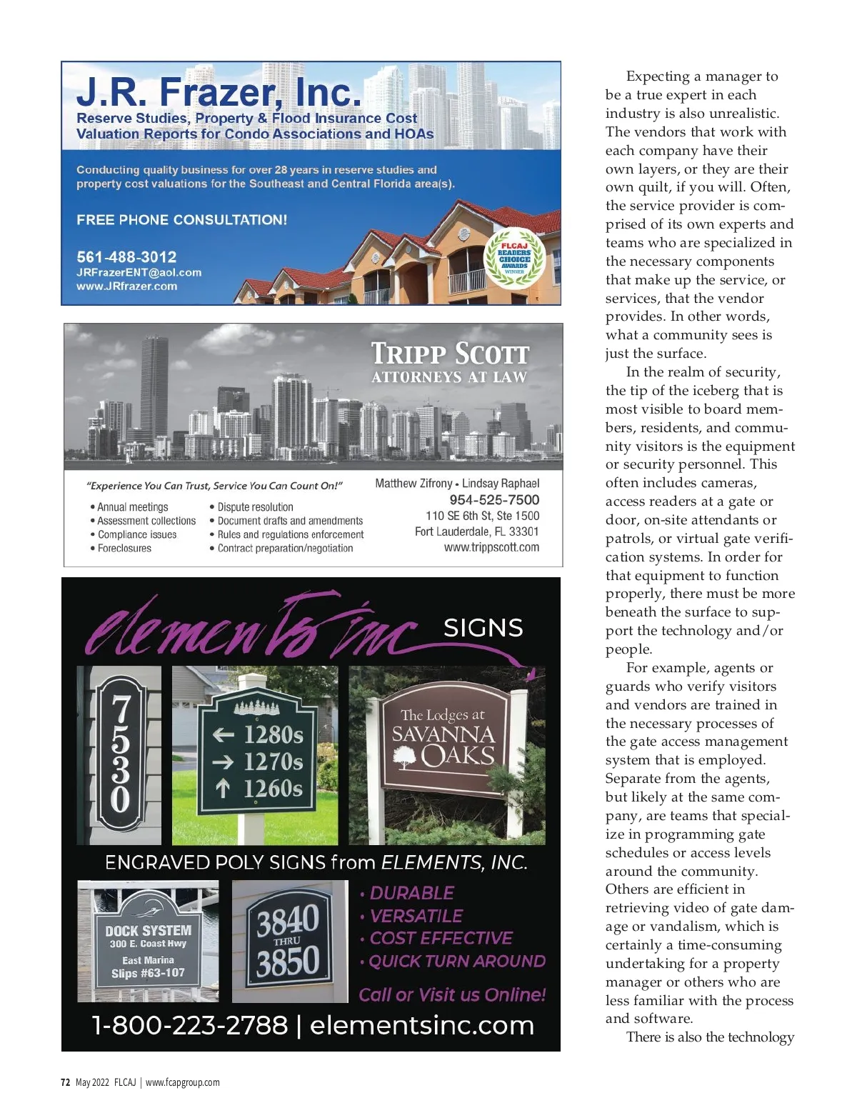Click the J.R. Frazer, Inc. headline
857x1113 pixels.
pos(219,92)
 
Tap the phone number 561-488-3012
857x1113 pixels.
pos(126,256)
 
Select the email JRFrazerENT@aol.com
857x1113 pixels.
pos(139,272)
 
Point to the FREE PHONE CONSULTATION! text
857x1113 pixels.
pos(181,220)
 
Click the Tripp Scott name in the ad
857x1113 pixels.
pos(450,354)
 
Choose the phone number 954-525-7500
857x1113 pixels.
pos(494,500)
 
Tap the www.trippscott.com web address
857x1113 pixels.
pos(491,547)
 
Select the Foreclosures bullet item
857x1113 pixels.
pos(124,548)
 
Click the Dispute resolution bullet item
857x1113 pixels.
pos(255,507)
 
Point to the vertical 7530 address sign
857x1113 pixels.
pos(120,754)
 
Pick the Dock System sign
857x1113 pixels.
pos(148,943)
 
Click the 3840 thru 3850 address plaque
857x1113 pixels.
pos(288,942)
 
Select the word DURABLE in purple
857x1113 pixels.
pos(412,893)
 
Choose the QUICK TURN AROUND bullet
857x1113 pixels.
pos(457,961)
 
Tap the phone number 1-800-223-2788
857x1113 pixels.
pos(190,1025)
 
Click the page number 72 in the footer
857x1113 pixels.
pos(65,1082)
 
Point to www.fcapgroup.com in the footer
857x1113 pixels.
pos(183,1082)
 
